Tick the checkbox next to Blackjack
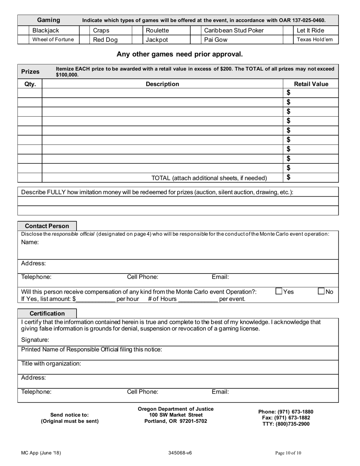tap(23, 30)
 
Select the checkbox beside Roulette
tap(137, 30)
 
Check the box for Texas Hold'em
tap(288, 39)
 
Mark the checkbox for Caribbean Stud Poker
tap(195, 30)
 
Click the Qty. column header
tap(30, 84)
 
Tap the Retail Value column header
tap(311, 84)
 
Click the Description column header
tap(162, 84)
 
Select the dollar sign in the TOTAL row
tap(289, 177)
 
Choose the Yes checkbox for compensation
tap(279, 291)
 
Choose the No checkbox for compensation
tap(321, 291)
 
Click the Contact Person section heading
tap(47, 226)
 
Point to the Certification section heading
tap(47, 314)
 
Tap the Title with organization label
tap(51, 364)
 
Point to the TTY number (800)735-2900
tap(286, 424)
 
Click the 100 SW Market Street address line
tap(175, 415)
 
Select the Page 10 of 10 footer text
tap(288, 453)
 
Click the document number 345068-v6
tap(180, 453)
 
